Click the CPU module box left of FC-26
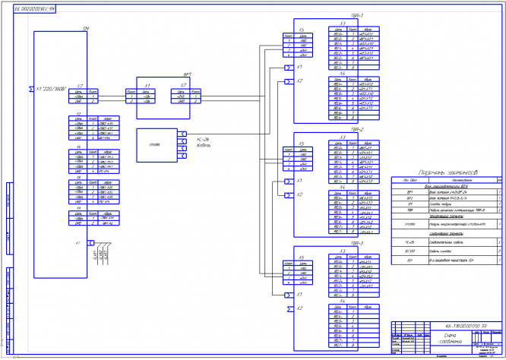point(156,144)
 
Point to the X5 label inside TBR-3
point(302,257)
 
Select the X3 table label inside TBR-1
point(343,24)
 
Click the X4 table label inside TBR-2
point(343,187)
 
